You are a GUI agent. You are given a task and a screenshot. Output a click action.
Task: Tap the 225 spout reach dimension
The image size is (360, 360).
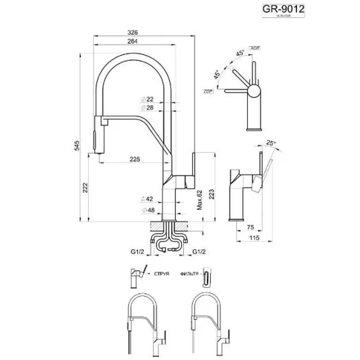(134, 159)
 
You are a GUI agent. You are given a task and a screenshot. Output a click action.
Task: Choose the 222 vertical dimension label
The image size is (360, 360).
(85, 187)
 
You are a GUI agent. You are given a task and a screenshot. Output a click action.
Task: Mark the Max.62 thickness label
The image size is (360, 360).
(199, 200)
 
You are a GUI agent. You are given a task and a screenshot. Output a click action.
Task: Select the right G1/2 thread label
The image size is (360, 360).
(200, 252)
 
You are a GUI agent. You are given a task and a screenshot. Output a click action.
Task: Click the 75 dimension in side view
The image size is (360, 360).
(251, 227)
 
